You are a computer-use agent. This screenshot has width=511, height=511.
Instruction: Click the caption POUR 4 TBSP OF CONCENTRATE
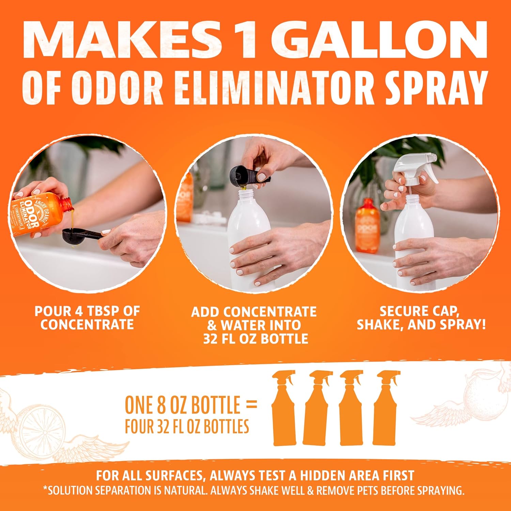click(87, 318)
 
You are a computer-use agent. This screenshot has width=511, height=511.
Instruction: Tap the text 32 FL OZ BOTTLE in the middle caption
click(255, 339)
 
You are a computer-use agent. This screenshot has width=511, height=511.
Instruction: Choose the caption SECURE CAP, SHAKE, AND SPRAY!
click(421, 318)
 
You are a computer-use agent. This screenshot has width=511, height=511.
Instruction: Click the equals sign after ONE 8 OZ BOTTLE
click(251, 405)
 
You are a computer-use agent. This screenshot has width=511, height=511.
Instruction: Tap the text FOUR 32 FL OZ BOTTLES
click(187, 426)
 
